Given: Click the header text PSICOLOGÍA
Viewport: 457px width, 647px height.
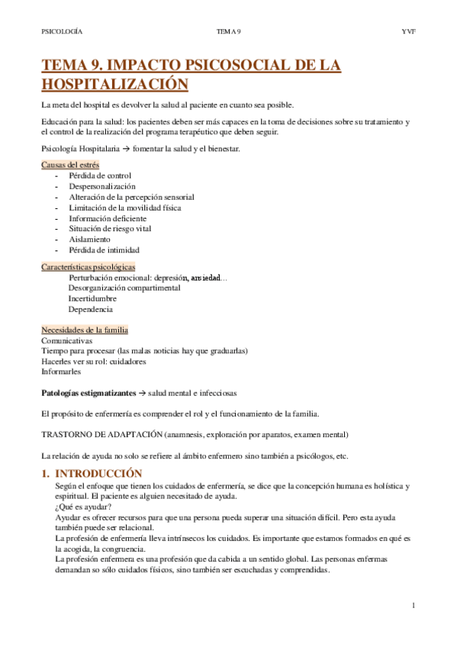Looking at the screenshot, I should point(62,31).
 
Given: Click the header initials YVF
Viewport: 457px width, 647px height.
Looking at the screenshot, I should point(407,31).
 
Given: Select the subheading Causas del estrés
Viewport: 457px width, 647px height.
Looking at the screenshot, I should point(69,165).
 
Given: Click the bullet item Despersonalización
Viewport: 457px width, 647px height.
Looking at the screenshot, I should point(102,186).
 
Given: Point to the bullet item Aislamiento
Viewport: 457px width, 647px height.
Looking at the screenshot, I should point(89,239).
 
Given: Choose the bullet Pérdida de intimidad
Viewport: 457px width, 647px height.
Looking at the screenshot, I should point(104,249).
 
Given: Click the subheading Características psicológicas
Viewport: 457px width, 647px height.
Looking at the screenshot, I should point(88,267).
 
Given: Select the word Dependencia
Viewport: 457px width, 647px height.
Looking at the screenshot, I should point(90,310).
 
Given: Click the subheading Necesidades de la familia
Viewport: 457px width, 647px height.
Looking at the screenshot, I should point(85,330).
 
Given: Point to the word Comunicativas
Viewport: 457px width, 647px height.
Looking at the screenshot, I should point(66,340).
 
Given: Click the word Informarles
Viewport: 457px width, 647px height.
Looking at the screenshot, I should point(61,372).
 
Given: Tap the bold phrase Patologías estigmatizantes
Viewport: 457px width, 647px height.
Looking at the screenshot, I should point(87,393).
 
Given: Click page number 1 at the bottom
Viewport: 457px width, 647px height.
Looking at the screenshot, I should point(413,606).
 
